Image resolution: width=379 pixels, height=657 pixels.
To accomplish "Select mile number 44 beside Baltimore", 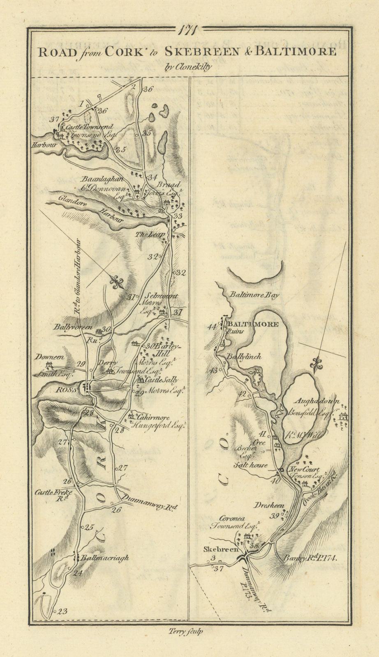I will [x=212, y=326].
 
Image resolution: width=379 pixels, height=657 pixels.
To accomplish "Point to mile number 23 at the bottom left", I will [x=62, y=611].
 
